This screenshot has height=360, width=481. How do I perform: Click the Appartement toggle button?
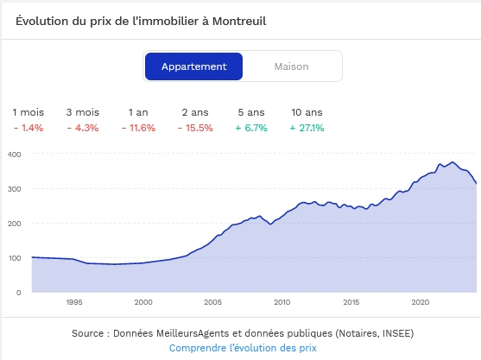tap(194, 66)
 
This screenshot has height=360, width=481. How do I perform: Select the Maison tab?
tap(291, 66)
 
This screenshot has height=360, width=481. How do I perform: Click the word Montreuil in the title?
tap(239, 22)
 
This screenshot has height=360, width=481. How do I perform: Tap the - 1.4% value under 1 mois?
tap(28, 128)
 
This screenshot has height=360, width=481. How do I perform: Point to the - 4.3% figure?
tap(83, 128)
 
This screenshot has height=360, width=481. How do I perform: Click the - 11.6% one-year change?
tap(139, 128)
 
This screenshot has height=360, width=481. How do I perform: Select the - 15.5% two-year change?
tap(195, 128)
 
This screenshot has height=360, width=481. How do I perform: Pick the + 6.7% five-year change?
tap(251, 128)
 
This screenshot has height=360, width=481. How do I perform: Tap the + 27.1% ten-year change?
tap(307, 128)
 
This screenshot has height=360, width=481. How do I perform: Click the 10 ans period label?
tap(307, 112)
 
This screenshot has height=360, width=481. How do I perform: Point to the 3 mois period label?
tap(83, 112)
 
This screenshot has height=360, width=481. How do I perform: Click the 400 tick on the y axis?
tap(14, 155)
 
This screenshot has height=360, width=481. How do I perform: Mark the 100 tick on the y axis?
tap(15, 258)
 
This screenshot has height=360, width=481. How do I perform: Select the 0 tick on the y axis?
tap(19, 293)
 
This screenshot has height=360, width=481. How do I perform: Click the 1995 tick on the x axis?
tap(74, 302)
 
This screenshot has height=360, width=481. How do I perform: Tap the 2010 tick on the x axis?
tap(282, 302)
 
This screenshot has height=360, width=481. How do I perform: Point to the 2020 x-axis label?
tap(421, 302)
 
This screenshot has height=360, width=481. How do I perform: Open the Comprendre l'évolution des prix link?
tap(243, 348)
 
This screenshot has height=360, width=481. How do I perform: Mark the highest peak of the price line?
tap(453, 162)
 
